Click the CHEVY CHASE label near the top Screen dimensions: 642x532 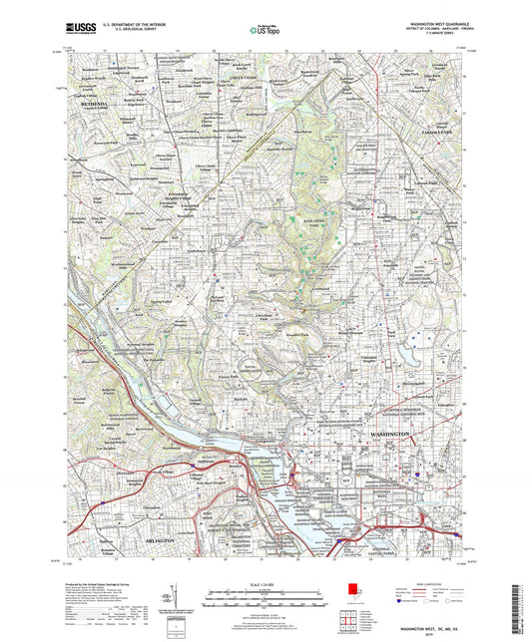(244, 76)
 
